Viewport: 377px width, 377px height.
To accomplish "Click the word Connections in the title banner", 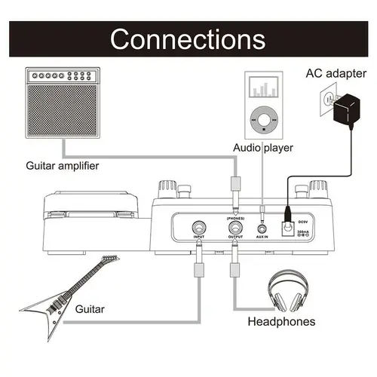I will click(188, 38).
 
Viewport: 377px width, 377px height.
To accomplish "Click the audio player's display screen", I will click(263, 89).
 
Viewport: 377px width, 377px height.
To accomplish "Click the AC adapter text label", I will click(336, 74).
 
